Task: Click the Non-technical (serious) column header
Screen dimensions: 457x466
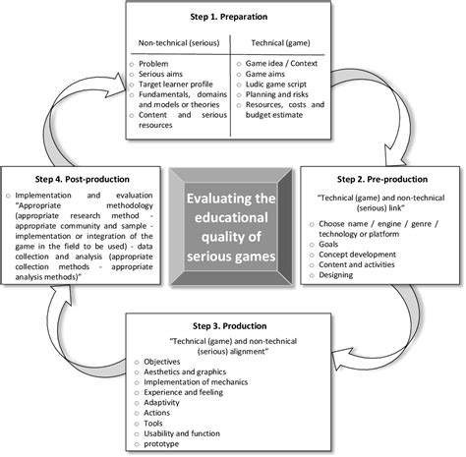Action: pyautogui.click(x=177, y=44)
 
